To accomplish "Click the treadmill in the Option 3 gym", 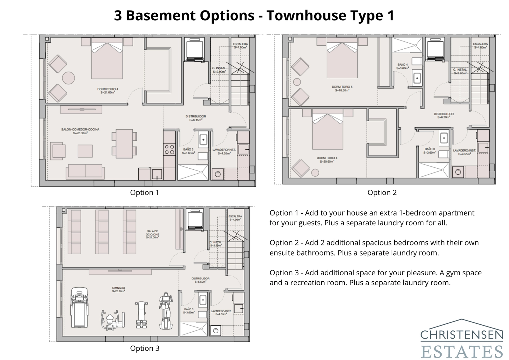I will [79, 307].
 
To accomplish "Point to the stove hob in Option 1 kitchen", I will [169, 150].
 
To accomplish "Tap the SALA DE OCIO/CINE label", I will [153, 234].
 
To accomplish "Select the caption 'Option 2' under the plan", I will [382, 193].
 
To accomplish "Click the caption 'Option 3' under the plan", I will [144, 348].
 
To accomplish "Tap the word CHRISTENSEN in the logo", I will [462, 335].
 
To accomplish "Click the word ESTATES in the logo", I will [462, 351].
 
